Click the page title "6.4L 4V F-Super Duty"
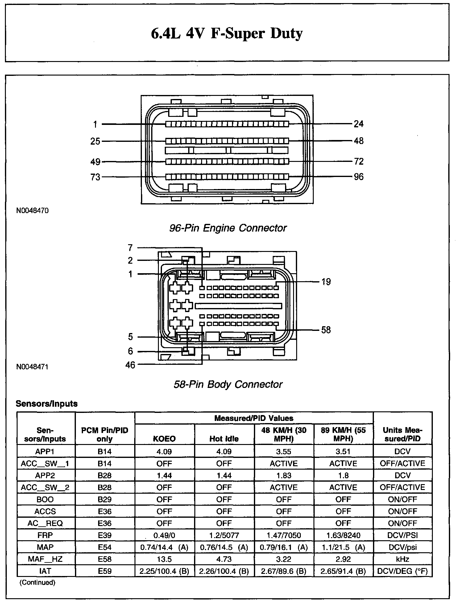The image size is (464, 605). click(227, 33)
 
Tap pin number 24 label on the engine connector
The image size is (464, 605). click(358, 124)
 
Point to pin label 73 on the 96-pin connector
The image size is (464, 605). click(95, 177)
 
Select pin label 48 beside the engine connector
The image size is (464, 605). click(358, 141)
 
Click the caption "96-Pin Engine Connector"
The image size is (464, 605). click(228, 228)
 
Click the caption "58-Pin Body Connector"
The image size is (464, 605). click(228, 384)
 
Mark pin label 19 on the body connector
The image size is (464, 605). click(326, 282)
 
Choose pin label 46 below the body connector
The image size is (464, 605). click(130, 365)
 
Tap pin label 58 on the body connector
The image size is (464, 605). click(326, 330)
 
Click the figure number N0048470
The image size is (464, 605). click(32, 211)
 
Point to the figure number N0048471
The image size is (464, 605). click(32, 367)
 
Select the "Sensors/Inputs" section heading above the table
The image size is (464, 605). click(47, 404)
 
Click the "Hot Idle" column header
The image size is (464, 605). click(224, 439)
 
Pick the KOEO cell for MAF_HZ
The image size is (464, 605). click(164, 559)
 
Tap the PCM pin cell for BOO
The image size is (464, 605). click(105, 499)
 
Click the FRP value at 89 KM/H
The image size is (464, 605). click(343, 535)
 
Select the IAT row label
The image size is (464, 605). click(45, 571)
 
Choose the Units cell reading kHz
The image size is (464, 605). click(402, 559)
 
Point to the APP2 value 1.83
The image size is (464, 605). click(284, 475)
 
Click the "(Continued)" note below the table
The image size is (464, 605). click(38, 582)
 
